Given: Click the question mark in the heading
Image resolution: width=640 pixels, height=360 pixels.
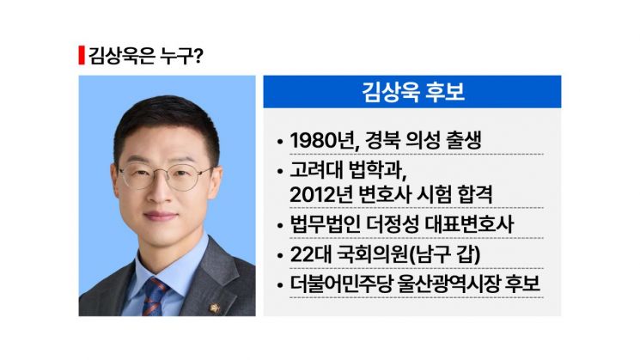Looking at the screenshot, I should [199, 57].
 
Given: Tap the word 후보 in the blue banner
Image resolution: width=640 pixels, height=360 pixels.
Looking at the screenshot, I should [442, 92].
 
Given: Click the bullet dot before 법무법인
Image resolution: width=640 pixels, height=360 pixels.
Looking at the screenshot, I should [280, 226].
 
